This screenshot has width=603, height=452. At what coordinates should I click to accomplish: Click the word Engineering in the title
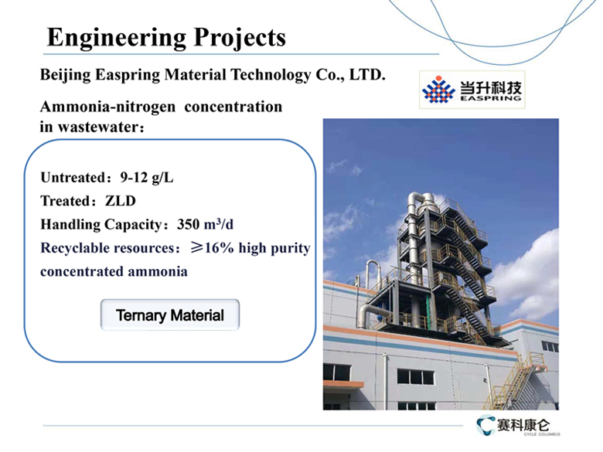[117, 39]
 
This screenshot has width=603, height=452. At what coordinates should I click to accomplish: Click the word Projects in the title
[240, 38]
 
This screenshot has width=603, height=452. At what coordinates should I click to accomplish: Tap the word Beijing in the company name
[66, 75]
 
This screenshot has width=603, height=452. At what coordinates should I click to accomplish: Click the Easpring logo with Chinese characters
[472, 89]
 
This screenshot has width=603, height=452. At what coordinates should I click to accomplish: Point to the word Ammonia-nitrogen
[107, 107]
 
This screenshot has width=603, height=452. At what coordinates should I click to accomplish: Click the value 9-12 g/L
[147, 178]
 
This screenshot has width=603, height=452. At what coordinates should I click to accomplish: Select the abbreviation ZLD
[121, 201]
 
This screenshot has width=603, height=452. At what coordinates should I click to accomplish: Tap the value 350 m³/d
[205, 224]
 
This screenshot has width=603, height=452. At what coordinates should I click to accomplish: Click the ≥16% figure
[213, 248]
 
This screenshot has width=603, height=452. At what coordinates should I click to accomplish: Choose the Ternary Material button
[170, 314]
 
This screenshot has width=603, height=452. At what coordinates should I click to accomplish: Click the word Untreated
[73, 178]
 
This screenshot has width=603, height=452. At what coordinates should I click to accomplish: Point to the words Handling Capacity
[101, 225]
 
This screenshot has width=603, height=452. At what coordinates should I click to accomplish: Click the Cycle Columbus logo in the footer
[518, 426]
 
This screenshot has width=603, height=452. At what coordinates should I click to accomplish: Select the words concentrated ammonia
[114, 271]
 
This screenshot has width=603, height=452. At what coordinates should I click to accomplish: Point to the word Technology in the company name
[271, 75]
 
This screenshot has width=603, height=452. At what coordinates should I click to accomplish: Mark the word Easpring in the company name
[128, 75]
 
